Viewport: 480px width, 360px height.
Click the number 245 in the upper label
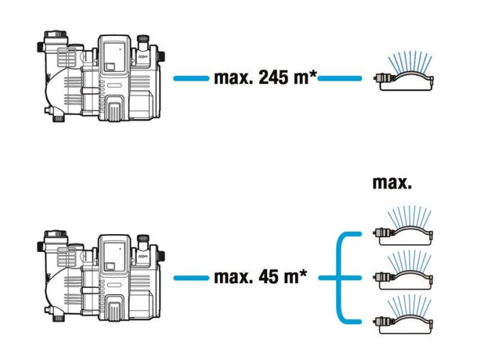[x=273, y=78]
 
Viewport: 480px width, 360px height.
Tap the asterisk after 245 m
[x=313, y=74]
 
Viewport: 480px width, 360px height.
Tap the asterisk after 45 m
[x=303, y=274]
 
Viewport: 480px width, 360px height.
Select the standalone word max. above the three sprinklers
[x=392, y=183]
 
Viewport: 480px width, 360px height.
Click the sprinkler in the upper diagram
[x=404, y=72]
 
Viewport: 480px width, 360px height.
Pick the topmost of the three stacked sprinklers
[x=403, y=227]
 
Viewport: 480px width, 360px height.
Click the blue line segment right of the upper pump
[x=191, y=78]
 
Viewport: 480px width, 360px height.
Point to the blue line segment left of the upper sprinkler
[x=340, y=78]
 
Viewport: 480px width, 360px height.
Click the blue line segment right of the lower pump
[x=191, y=278]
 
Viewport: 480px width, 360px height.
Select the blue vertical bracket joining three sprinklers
[x=339, y=278]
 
